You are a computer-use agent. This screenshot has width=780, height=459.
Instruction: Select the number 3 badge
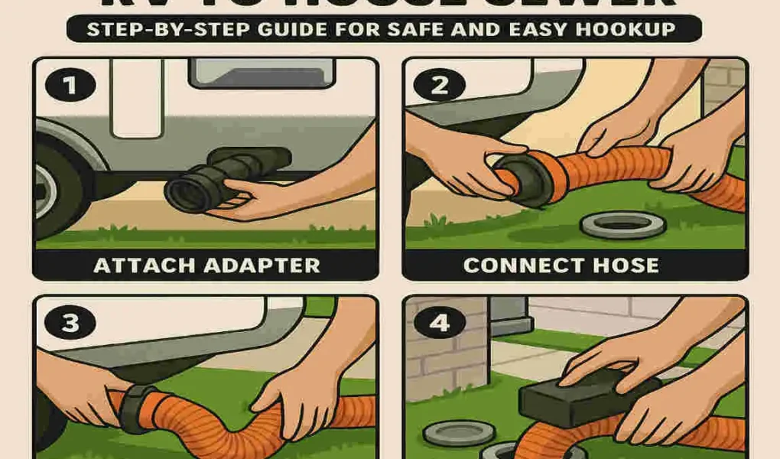(70, 323)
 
